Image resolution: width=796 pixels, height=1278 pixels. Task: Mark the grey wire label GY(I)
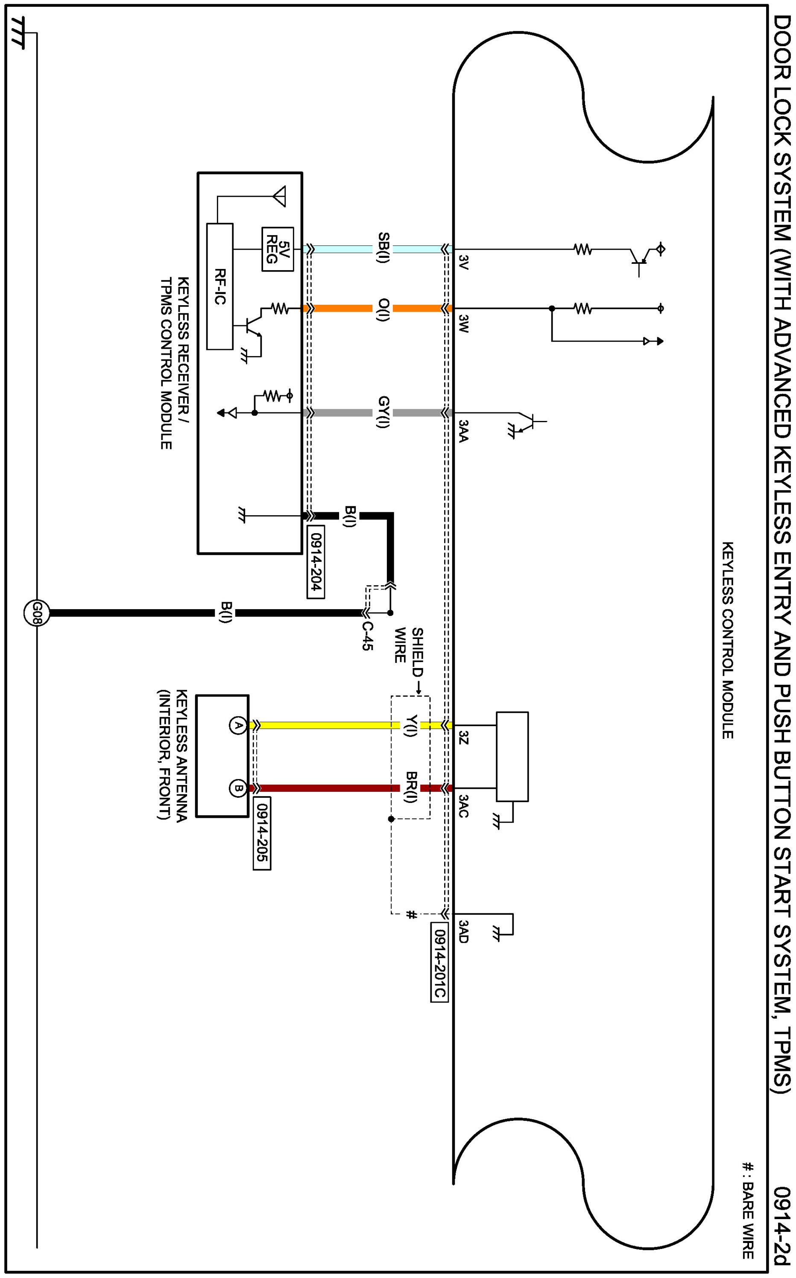(383, 412)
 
